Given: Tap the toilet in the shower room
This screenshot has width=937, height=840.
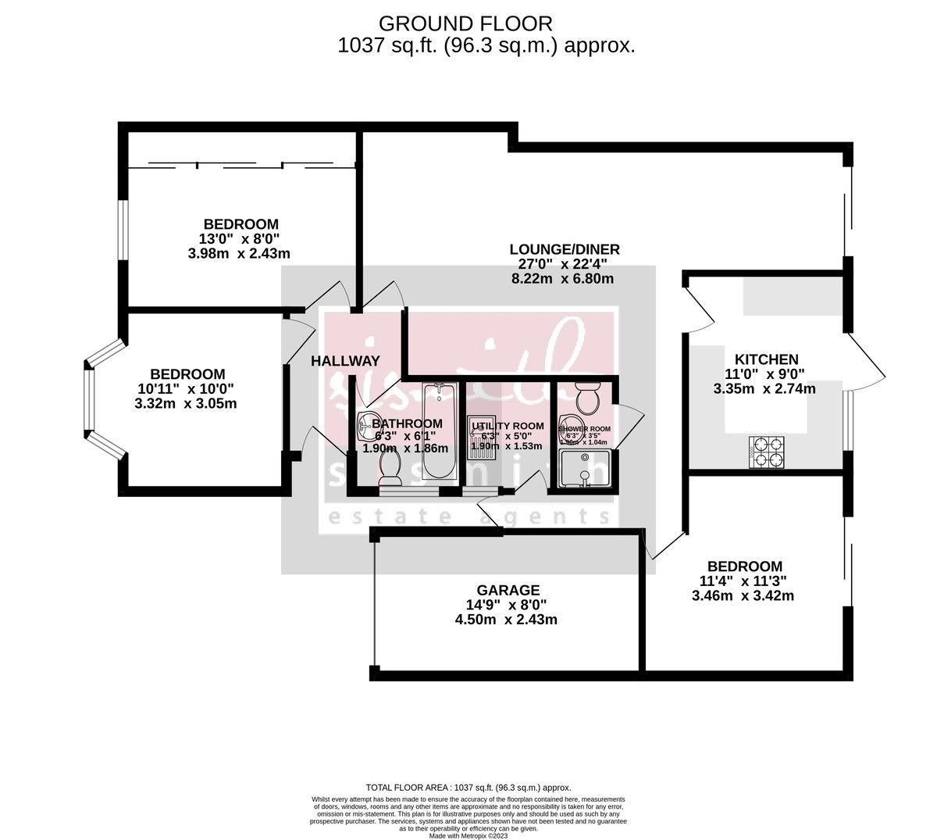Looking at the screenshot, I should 585,399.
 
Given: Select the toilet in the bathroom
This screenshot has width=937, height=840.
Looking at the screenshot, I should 389,468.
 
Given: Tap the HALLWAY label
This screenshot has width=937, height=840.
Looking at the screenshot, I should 345,361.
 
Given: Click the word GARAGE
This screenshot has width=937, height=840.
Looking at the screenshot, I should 508,590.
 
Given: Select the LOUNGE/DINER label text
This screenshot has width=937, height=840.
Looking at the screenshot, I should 564,249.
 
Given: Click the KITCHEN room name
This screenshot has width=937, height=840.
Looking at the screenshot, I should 767,359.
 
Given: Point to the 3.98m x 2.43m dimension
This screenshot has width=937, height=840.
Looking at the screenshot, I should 239,253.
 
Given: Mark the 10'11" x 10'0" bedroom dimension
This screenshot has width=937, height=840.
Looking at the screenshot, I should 187,389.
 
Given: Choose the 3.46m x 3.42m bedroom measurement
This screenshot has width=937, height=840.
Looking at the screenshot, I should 743,595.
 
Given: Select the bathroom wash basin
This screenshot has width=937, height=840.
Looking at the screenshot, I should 367,426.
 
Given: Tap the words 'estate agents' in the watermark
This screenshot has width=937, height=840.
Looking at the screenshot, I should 468,517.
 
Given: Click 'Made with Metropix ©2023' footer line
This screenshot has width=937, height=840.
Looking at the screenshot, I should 468,835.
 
